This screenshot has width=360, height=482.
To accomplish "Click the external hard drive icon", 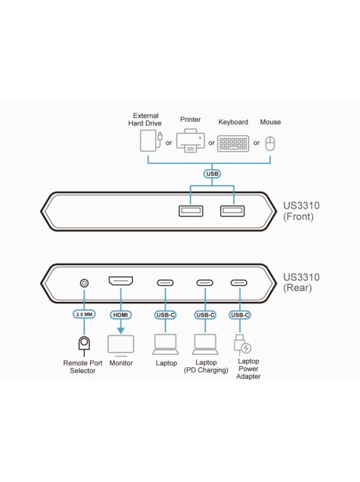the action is [151, 141].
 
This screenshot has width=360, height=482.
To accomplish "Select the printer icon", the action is [190, 141].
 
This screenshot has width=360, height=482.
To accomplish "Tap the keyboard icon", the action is [233, 143].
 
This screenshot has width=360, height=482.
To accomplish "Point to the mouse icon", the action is [270, 144].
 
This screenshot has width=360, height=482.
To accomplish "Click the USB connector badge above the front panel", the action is [212, 173].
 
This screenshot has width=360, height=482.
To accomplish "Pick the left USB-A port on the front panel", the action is [191, 211].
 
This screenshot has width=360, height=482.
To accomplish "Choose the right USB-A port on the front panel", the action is [232, 211].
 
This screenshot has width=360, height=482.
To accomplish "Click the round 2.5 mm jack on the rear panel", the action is [84, 283].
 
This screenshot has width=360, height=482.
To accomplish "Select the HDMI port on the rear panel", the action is [120, 281].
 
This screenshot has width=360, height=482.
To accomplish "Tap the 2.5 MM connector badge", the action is [84, 314].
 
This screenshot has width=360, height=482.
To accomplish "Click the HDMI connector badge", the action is [120, 315].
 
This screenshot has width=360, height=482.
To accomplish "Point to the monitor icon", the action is [120, 346].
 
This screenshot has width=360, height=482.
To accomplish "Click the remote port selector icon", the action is [84, 345].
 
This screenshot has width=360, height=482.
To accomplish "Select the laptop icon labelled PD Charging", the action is [205, 344].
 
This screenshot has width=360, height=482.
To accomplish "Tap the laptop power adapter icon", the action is [242, 345].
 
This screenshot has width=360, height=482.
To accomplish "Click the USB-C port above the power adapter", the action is [239, 283].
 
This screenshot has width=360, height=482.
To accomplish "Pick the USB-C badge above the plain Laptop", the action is [165, 315].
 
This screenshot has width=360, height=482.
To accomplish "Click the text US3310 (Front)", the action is [301, 211].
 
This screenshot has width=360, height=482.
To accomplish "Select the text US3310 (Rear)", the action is [301, 282].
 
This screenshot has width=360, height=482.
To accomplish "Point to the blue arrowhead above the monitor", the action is [120, 330].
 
